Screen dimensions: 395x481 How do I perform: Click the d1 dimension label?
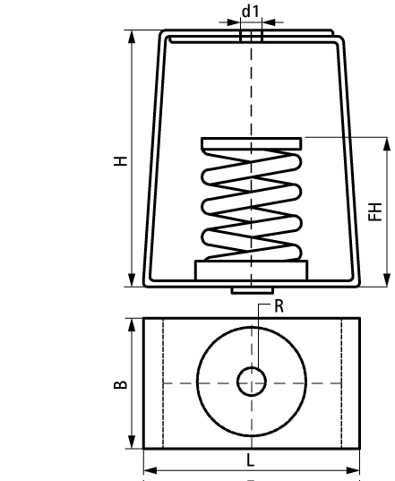click(251, 12)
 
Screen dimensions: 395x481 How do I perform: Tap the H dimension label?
click(121, 160)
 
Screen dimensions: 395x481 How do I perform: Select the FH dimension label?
click(374, 211)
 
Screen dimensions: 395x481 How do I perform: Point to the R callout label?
click(279, 306)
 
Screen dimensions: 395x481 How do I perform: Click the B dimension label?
click(121, 384)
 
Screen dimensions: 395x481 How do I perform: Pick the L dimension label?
click(251, 460)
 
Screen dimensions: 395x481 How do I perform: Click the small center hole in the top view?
click(252, 382)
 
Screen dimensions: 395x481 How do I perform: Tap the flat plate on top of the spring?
click(252, 143)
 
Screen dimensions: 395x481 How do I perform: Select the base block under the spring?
click(252, 270)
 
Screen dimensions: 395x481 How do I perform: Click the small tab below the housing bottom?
click(252, 290)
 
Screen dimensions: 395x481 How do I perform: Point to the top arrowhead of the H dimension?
click(132, 38)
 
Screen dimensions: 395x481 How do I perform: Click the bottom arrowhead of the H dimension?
click(132, 279)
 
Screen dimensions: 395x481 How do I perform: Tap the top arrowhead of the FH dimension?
click(387, 145)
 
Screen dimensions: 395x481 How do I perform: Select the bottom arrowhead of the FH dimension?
click(387, 279)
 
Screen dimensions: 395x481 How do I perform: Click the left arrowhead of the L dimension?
click(150, 470)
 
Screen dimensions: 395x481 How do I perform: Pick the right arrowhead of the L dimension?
click(352, 470)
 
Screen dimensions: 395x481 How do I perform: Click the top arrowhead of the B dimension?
click(132, 326)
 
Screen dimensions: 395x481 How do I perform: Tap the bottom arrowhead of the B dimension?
click(132, 441)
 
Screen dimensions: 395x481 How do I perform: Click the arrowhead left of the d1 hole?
click(233, 22)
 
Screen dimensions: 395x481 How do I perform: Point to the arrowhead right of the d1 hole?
click(270, 22)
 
